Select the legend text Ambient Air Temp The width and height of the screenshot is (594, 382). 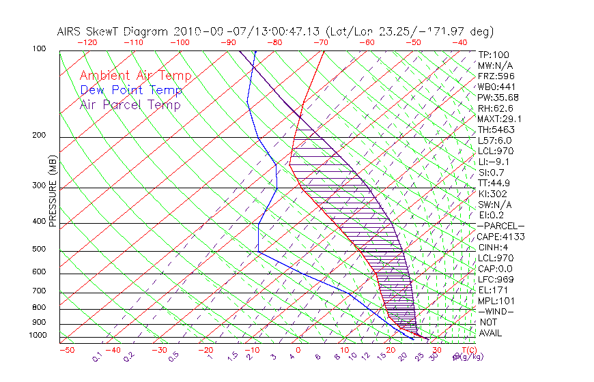click(136, 76)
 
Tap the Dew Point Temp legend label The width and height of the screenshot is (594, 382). click(131, 91)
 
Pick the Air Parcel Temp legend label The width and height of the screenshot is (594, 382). click(130, 105)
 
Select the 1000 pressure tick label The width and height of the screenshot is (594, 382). click(40, 336)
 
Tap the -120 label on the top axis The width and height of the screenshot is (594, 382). click(88, 42)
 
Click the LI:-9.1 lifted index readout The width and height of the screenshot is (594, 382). click(494, 162)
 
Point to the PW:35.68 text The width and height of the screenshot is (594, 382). click(498, 98)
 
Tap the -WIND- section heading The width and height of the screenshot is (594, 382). click(496, 311)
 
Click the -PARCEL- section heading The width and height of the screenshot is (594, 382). click(500, 226)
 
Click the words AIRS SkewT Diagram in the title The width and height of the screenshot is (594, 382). click(113, 31)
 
